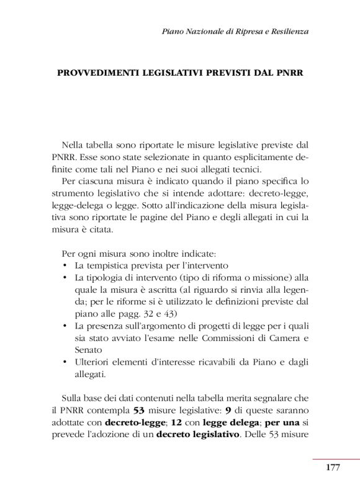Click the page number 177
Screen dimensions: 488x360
[333, 468]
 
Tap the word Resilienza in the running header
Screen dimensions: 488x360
[287, 30]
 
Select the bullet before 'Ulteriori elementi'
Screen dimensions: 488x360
[65, 362]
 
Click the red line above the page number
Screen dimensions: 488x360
[336, 459]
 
